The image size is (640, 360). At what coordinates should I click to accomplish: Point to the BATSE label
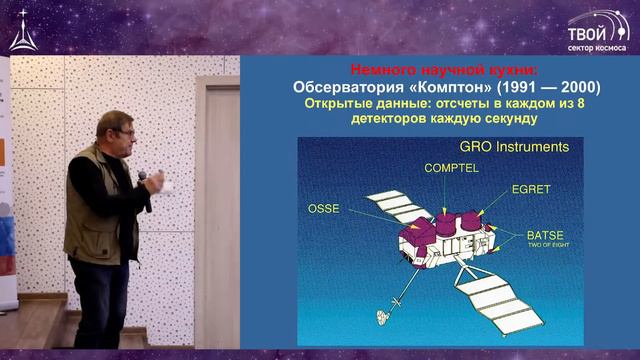(x=541, y=238)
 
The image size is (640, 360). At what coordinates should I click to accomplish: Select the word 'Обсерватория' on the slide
(x=343, y=86)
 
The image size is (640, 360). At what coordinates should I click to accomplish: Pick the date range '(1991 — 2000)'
(x=541, y=86)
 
